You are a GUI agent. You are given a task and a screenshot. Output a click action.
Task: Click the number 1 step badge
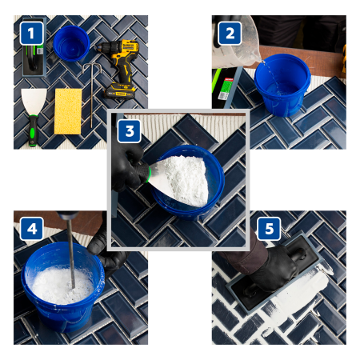(x=31, y=33)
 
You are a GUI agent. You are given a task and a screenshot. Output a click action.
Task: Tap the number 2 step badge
(x=230, y=33)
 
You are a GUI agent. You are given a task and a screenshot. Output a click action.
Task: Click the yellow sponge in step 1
(x=70, y=111)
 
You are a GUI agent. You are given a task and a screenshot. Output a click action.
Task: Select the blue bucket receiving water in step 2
(x=281, y=85)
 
